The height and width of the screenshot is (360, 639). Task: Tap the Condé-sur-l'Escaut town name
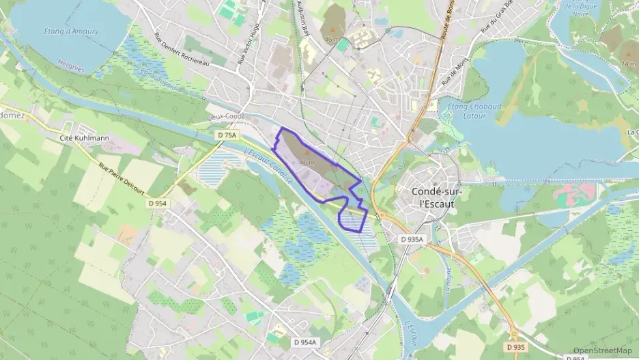coord(437,197)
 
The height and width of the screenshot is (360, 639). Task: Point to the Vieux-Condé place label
coord(226,117)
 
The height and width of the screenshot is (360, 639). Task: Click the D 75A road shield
coord(227,135)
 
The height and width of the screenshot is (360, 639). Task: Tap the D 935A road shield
coord(412,239)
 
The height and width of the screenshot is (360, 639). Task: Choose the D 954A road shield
coord(304,342)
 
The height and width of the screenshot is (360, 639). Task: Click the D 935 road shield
coord(516,347)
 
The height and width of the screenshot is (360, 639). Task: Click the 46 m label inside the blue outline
coord(307,163)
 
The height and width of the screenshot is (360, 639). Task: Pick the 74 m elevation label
coord(628,63)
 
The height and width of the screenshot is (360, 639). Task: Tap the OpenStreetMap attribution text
coord(602,350)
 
